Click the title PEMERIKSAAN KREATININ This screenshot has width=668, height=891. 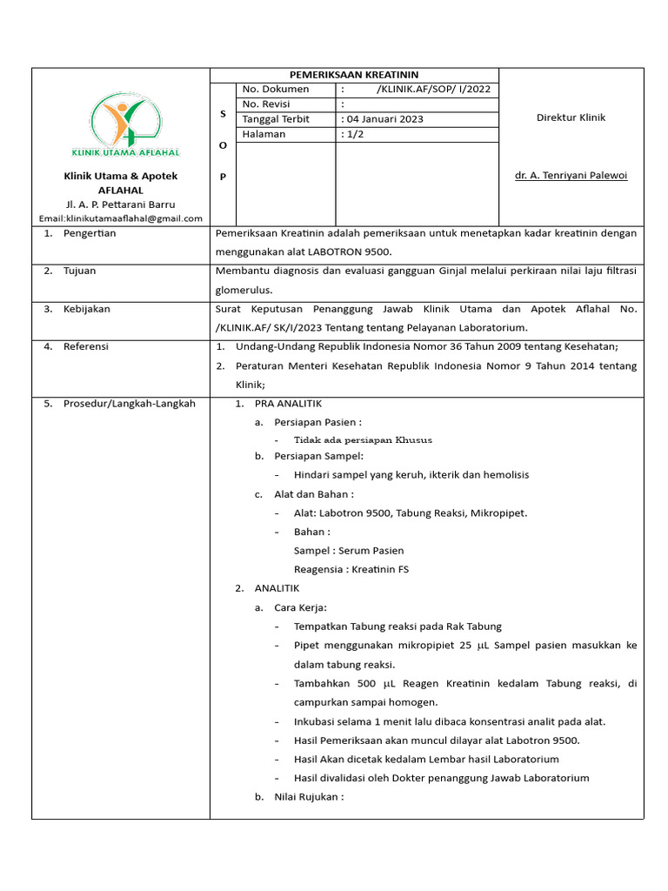354,75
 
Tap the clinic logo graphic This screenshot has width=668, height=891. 126,126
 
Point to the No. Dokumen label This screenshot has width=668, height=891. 275,89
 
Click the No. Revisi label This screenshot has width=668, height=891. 269,104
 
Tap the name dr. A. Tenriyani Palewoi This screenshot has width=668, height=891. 571,175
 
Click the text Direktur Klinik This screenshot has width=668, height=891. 571,117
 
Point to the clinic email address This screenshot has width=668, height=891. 121,218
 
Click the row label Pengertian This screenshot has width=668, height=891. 89,233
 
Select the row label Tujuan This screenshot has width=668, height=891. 79,271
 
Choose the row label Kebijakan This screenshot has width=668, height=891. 86,309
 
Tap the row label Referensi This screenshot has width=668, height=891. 85,346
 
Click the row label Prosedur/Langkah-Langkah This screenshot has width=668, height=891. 129,403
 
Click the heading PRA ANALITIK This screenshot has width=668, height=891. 288,404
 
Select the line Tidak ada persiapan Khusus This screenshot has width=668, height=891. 363,440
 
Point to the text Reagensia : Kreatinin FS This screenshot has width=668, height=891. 351,569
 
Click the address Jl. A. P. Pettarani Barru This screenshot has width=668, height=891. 121,204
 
